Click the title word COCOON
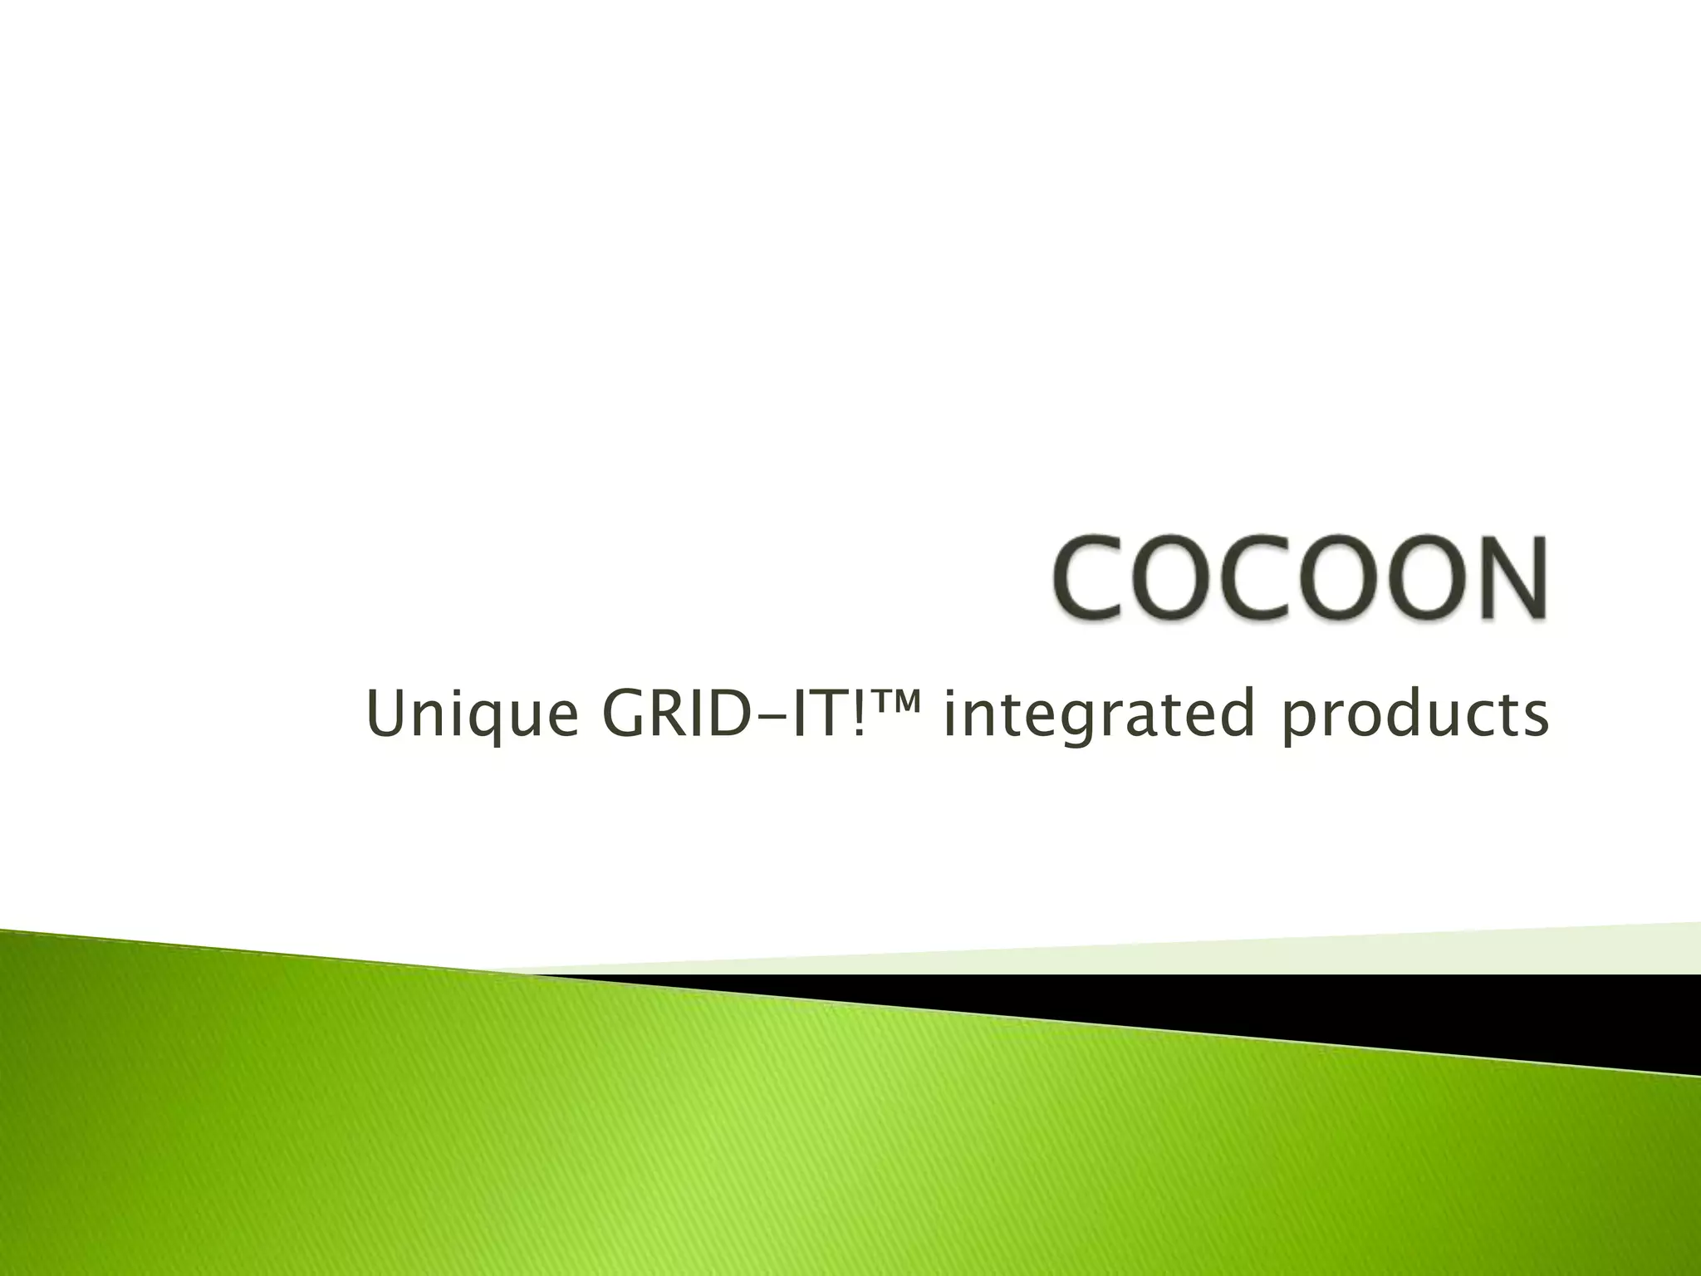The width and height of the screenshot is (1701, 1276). click(1301, 578)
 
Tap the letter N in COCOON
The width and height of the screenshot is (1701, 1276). click(1508, 578)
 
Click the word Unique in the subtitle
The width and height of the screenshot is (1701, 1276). click(471, 715)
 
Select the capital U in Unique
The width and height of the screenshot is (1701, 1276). click(385, 714)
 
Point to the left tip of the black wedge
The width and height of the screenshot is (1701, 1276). click(540, 975)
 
